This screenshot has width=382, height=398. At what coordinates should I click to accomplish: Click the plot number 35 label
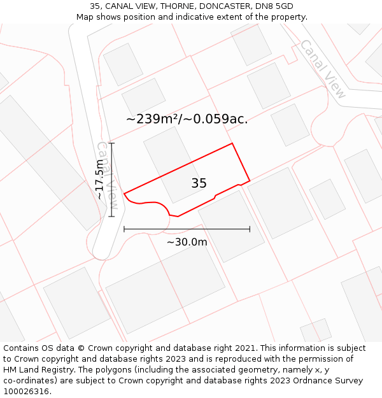(x=199, y=183)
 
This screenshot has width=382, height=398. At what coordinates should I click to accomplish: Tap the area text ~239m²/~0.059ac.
(x=187, y=118)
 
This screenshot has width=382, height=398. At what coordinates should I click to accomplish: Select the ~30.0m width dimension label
(x=187, y=242)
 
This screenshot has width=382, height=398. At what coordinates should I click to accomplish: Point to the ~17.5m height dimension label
(x=100, y=180)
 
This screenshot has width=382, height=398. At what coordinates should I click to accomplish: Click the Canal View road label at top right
(x=323, y=69)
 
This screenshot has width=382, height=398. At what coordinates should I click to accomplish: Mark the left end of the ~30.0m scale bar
(x=124, y=229)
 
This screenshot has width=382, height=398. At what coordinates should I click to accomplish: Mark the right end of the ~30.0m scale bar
(x=250, y=229)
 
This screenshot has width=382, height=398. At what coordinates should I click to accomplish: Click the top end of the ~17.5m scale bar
(x=112, y=143)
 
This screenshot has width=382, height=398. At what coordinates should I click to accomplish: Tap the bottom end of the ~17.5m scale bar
(x=112, y=217)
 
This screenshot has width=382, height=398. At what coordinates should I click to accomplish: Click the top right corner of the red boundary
(x=232, y=143)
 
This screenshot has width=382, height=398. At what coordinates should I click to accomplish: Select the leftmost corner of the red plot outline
(x=124, y=193)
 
